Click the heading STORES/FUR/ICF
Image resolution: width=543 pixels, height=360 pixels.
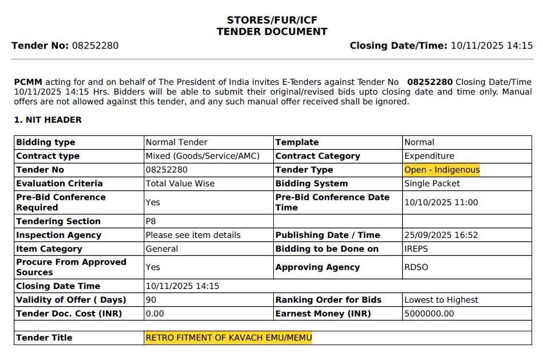271,20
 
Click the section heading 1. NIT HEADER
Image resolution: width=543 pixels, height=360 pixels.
48,120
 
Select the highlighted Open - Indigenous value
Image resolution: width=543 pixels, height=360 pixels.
442,170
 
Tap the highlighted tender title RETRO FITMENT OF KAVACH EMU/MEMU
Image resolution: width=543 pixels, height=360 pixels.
229,338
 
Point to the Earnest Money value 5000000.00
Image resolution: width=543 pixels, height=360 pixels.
429,314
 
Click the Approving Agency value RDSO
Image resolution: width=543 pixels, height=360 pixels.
416,267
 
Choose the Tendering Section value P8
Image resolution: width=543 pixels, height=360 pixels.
151,221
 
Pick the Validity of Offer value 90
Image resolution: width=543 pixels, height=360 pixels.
151,300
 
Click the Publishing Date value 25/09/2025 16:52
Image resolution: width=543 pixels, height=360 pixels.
441,235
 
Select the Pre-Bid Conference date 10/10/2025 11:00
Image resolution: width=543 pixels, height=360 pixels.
441,202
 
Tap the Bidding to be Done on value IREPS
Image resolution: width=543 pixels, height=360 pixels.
416,249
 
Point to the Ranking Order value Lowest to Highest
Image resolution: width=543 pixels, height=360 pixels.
441,300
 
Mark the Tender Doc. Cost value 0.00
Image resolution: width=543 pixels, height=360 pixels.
155,314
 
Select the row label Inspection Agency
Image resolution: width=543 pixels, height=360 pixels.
58,235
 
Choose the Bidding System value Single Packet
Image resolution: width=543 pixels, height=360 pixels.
432,183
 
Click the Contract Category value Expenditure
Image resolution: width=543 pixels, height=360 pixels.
429,156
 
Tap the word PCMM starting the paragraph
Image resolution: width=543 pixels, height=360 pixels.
28,82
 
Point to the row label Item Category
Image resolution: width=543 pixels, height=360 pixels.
49,249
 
